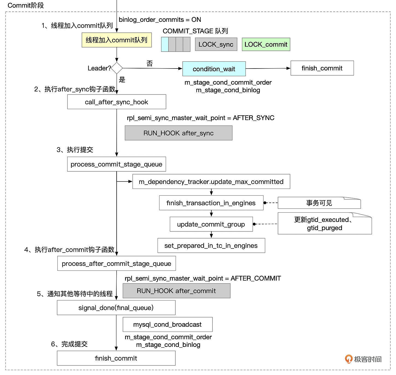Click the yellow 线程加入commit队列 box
coord(117,40)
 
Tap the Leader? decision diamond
coord(117,68)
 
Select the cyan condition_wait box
coord(214,69)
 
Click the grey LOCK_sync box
coord(216,44)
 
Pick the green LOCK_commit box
coord(266,44)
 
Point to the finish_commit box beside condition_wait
coord(322,68)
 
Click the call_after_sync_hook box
coord(117,102)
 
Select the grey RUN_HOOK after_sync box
coord(178,133)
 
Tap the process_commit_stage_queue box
coord(116,164)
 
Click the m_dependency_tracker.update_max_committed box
coord(211,181)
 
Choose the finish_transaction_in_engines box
coord(211,203)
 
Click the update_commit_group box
coord(211,224)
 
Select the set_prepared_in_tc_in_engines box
coord(211,245)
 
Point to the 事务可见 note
coord(319,203)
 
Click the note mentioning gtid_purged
coord(324,224)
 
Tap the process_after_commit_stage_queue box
coord(116,263)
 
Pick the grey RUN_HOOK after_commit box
coord(176,291)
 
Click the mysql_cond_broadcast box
coord(167,324)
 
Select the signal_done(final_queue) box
coord(116,308)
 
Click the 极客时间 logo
coord(363,359)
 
